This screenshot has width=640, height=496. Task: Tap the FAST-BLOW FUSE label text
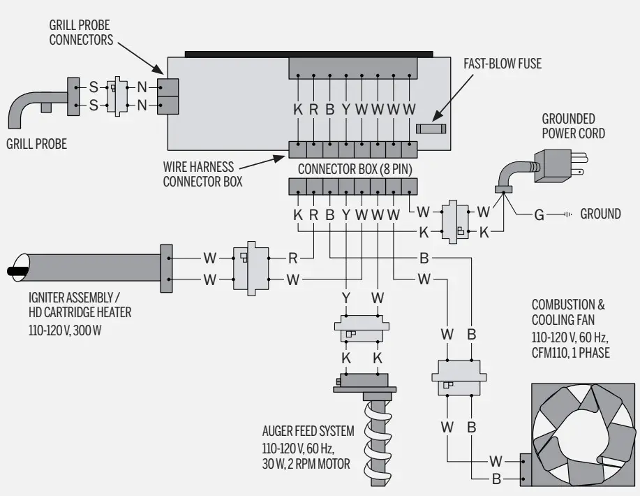pyautogui.click(x=502, y=64)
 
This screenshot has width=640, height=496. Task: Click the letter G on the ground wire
pyautogui.click(x=539, y=214)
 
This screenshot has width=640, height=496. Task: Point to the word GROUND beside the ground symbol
pyautogui.click(x=600, y=214)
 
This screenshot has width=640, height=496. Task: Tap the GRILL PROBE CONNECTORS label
pyautogui.click(x=80, y=32)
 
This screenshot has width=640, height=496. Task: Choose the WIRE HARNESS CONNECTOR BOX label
pyautogui.click(x=203, y=175)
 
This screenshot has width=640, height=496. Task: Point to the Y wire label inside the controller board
pyautogui.click(x=346, y=109)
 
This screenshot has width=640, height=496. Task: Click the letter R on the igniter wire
pyautogui.click(x=293, y=258)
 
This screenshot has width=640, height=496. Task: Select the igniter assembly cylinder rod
pyautogui.click(x=91, y=268)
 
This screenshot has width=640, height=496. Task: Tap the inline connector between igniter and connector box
pyautogui.click(x=250, y=268)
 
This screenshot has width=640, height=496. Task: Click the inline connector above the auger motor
pyautogui.click(x=362, y=328)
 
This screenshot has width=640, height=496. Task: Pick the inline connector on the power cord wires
pyautogui.click(x=458, y=222)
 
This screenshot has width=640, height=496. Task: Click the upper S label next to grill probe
pyautogui.click(x=91, y=88)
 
